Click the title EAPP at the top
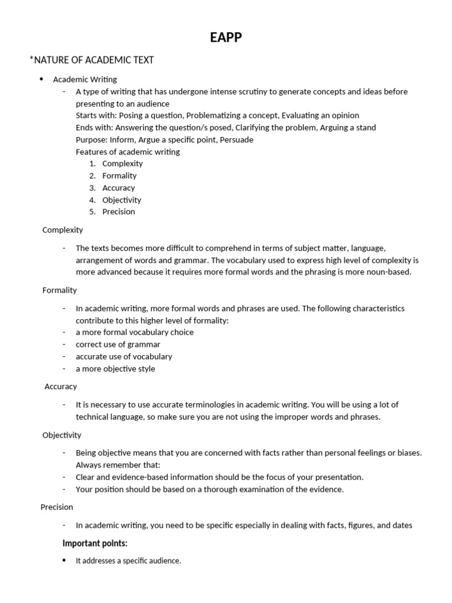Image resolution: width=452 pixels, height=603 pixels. click(x=226, y=38)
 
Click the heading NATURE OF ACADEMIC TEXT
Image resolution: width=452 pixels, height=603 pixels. click(x=93, y=60)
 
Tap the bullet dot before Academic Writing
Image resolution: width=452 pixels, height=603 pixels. click(x=42, y=79)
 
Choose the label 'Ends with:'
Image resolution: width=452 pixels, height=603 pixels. click(x=94, y=128)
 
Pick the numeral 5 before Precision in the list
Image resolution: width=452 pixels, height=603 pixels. click(x=92, y=212)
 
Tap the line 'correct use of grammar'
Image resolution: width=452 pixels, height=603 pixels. click(x=118, y=344)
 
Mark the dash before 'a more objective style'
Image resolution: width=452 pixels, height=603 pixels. click(x=64, y=369)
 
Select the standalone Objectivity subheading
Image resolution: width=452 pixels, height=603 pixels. click(x=62, y=435)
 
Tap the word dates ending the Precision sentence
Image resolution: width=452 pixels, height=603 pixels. click(x=401, y=525)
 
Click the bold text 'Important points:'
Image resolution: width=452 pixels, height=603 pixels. click(x=95, y=544)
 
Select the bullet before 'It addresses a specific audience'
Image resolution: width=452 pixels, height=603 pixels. click(x=64, y=561)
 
